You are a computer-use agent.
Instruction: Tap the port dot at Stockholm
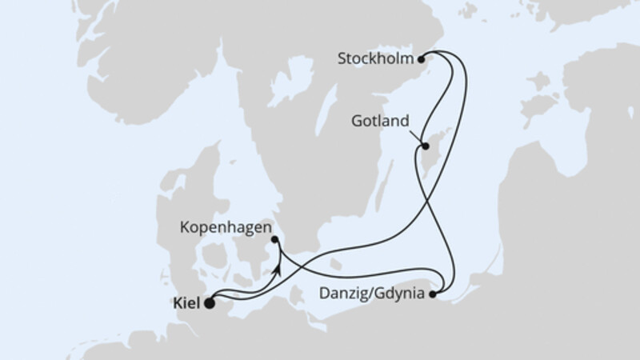[422, 58]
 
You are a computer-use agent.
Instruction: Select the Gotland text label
[380, 122]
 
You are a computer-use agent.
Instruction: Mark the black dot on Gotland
[426, 146]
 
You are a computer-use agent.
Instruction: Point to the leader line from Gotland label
[418, 136]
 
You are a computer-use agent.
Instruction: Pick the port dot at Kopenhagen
[274, 238]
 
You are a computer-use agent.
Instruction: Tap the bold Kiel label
[186, 303]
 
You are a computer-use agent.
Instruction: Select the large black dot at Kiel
[210, 303]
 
